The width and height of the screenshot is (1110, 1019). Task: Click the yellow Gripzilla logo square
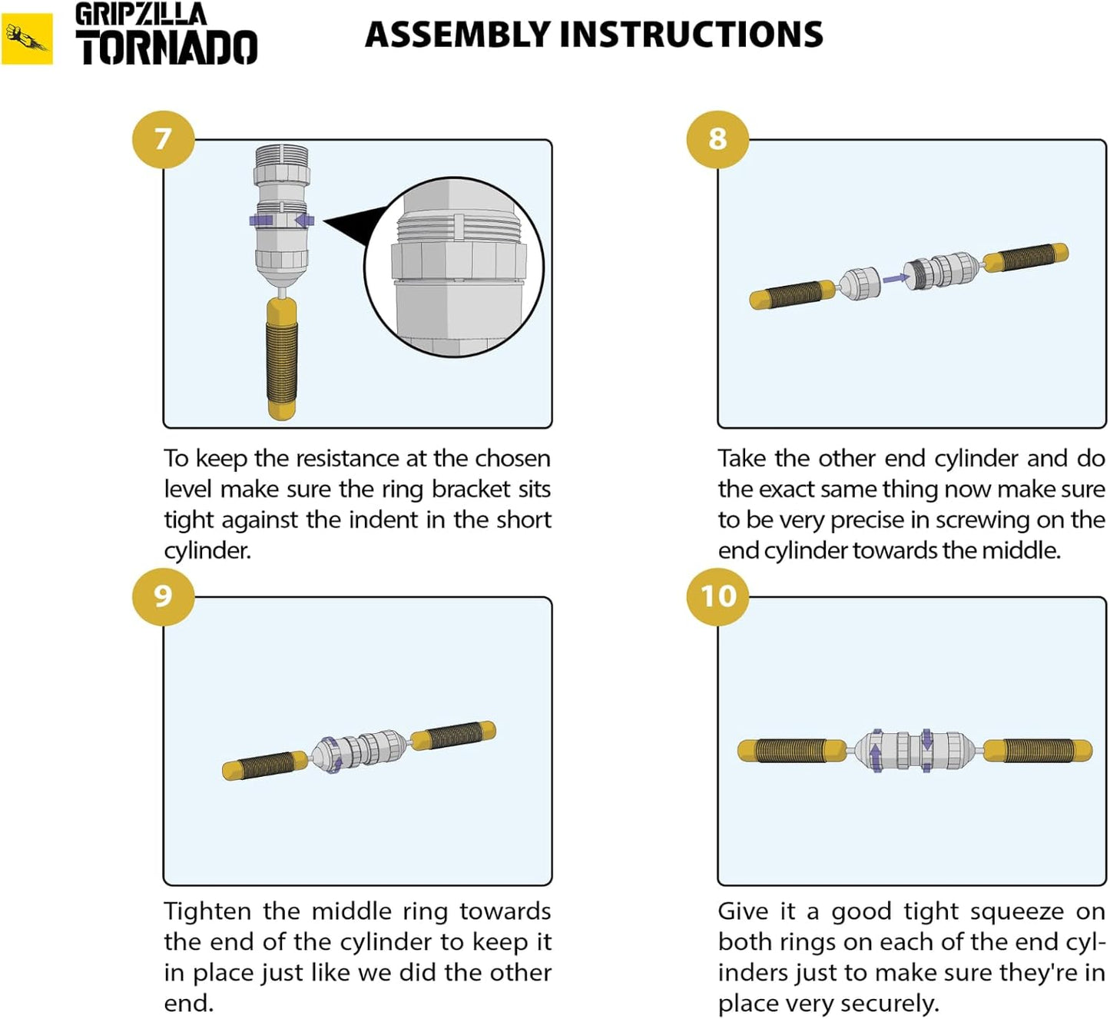point(27,38)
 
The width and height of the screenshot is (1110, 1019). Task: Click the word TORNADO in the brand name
point(167,48)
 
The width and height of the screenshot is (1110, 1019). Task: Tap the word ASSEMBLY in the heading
point(457,35)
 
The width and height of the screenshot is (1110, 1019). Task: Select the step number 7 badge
point(163,139)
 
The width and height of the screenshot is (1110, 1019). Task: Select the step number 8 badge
point(717,139)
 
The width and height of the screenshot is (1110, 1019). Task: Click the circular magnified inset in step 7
point(454,267)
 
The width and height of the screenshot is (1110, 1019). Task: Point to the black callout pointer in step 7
point(354,225)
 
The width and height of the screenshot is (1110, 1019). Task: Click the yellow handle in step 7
point(282,358)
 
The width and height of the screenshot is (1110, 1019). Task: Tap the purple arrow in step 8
point(893,278)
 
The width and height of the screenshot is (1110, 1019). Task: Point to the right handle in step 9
point(453,735)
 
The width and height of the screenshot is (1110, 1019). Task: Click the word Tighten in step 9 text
point(207,911)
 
